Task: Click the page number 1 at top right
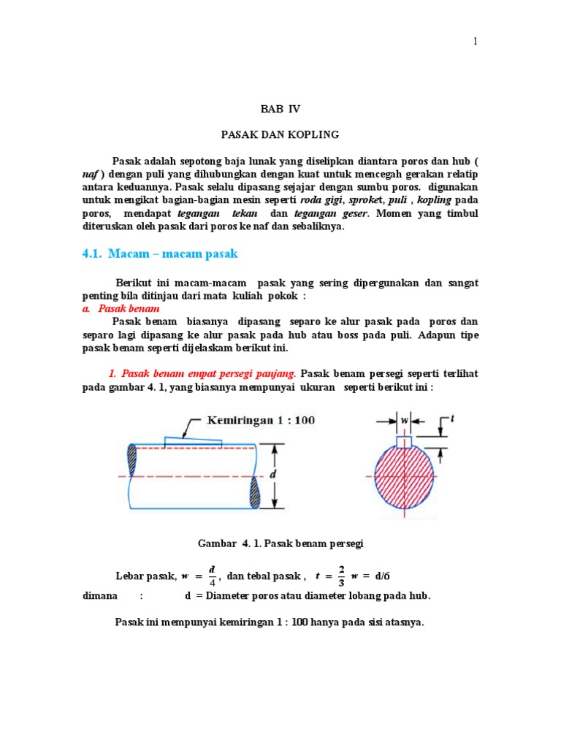tap(475, 42)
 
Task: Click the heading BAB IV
tap(280, 109)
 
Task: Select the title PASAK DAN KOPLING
tap(280, 135)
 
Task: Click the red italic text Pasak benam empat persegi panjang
tap(202, 373)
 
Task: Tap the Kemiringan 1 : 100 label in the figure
tap(261, 421)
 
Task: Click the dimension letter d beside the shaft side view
tap(274, 476)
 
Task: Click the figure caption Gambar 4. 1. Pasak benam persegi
tap(280, 544)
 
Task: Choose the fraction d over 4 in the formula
tap(212, 575)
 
